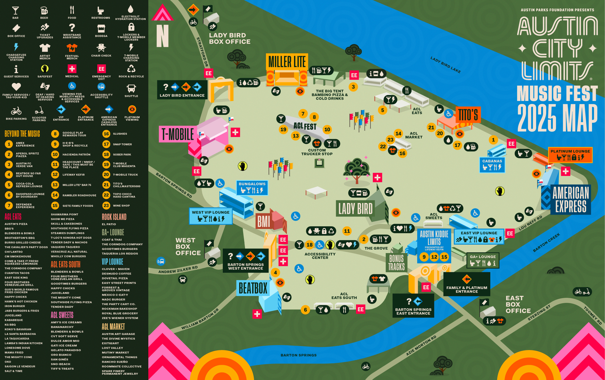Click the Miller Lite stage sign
287,62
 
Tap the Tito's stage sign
468,115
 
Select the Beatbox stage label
253,288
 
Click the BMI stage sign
264,222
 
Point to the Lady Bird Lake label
445,65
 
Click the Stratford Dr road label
202,52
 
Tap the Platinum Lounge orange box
570,155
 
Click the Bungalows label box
252,188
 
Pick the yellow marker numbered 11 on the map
347,231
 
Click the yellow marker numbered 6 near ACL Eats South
305,310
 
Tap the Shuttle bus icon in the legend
131,89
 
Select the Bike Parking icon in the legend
16,111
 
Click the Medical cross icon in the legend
72,69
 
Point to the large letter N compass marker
162,36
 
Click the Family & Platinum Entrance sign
466,284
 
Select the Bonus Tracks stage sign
396,263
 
